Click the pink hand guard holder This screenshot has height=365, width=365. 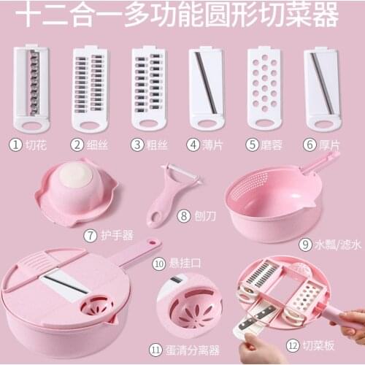tap(76, 192)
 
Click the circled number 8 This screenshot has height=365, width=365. tap(183, 216)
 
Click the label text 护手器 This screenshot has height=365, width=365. tap(118, 235)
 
